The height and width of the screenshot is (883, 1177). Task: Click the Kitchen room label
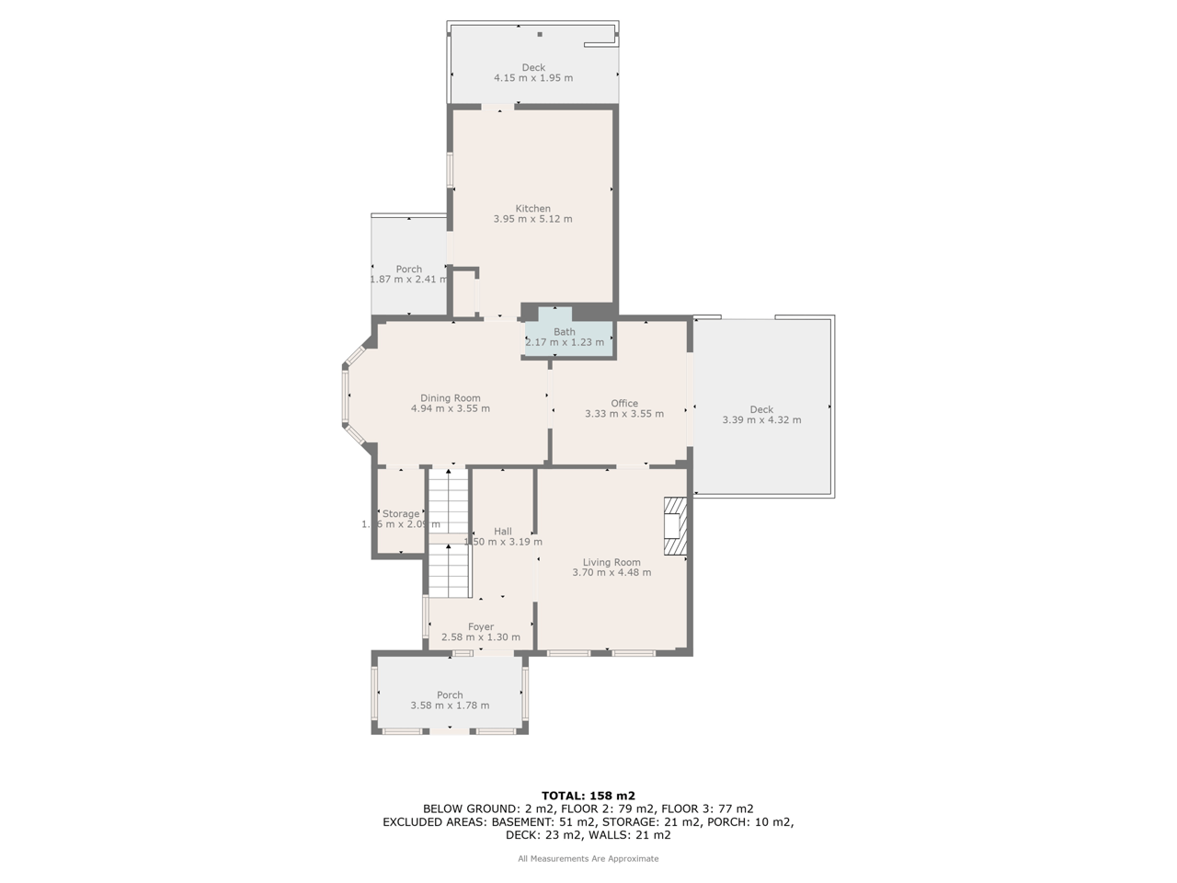point(532,209)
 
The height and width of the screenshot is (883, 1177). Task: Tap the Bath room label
point(565,332)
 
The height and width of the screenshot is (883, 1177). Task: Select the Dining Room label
point(451,398)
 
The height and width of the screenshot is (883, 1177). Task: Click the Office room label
point(624,404)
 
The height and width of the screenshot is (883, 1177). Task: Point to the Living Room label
point(611,562)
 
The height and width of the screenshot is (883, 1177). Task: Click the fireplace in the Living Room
point(676,527)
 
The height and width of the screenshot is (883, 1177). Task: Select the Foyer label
point(481,627)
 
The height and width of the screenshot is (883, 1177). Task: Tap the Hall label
point(503,532)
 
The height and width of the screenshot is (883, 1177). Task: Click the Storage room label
point(401,514)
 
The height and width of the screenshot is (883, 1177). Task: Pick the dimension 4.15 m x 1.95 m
point(533,78)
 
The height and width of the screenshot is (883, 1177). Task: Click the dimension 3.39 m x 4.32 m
point(761,420)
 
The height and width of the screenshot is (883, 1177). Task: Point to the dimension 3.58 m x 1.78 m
point(450,705)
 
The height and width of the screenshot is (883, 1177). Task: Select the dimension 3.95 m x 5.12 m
point(532,220)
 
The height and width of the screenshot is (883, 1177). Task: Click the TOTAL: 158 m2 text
point(588,796)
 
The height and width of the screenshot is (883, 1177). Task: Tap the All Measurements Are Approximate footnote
point(588,859)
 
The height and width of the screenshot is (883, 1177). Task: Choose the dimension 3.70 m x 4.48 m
point(611,572)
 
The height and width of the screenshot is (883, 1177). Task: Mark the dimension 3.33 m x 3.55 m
point(624,414)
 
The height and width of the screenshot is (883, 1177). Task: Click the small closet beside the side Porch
point(464,292)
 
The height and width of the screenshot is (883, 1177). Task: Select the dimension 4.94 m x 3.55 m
point(451,408)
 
